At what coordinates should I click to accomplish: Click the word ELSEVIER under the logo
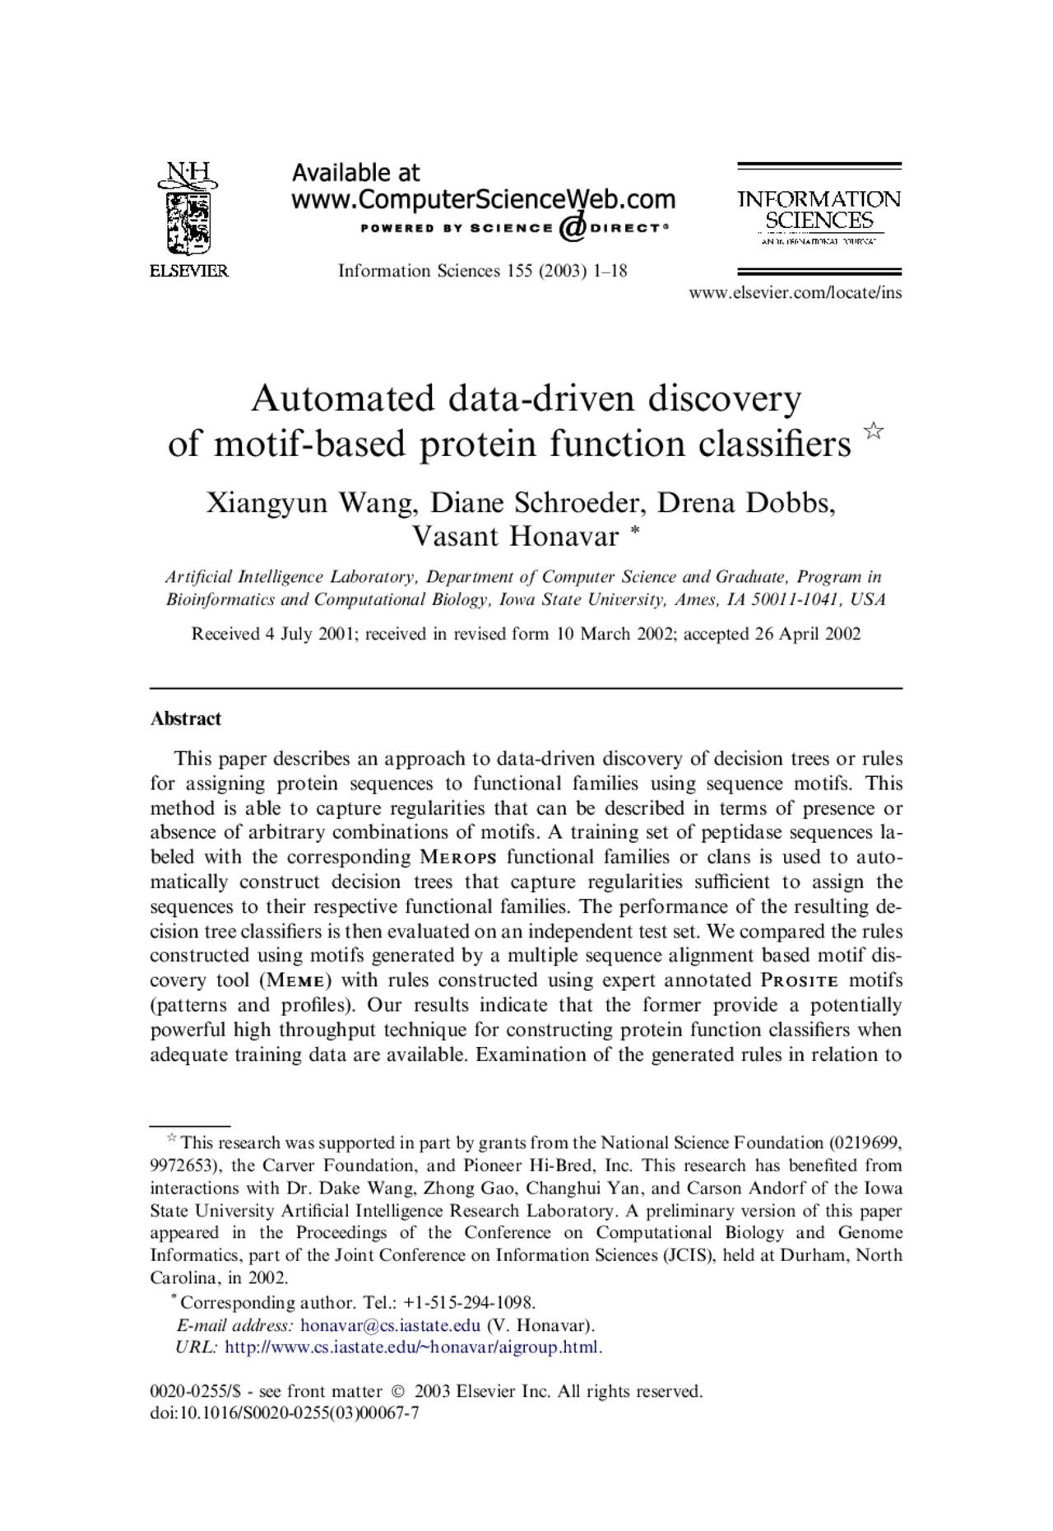tap(188, 271)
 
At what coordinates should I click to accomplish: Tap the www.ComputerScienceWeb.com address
tap(483, 199)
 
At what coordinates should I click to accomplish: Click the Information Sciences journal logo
tap(819, 211)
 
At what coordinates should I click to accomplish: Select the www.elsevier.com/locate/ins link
tap(795, 292)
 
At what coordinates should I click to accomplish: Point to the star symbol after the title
tap(874, 430)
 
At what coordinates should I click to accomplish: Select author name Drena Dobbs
tap(745, 502)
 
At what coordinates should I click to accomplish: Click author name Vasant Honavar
tap(515, 537)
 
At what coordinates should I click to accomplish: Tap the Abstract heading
tap(186, 719)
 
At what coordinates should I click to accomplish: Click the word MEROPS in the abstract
tap(457, 857)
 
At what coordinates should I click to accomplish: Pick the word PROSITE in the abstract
tap(800, 980)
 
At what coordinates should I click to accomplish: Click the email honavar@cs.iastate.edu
tap(390, 1325)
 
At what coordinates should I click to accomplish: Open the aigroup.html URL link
tap(413, 1347)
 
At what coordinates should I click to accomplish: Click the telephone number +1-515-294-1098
tap(469, 1302)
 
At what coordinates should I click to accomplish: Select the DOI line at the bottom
tap(285, 1413)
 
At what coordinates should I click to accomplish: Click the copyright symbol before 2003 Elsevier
tap(398, 1392)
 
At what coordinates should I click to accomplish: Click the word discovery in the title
tap(724, 398)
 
